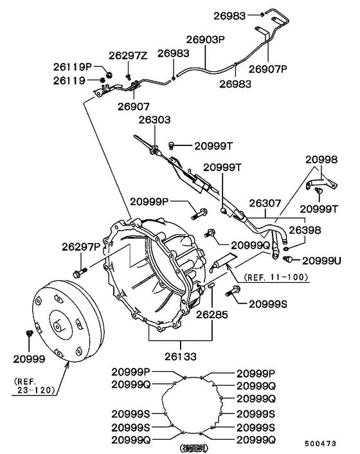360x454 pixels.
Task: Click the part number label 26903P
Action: click(206, 40)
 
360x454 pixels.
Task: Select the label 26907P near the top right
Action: click(267, 69)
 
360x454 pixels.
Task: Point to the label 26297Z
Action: click(128, 56)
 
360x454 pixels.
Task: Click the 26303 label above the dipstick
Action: click(154, 120)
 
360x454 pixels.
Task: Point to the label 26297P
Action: click(82, 246)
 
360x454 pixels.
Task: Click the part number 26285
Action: click(213, 315)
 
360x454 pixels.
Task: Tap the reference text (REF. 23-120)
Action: click(32, 385)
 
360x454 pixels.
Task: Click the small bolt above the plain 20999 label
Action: click(30, 334)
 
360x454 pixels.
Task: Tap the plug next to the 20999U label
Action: click(289, 259)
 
